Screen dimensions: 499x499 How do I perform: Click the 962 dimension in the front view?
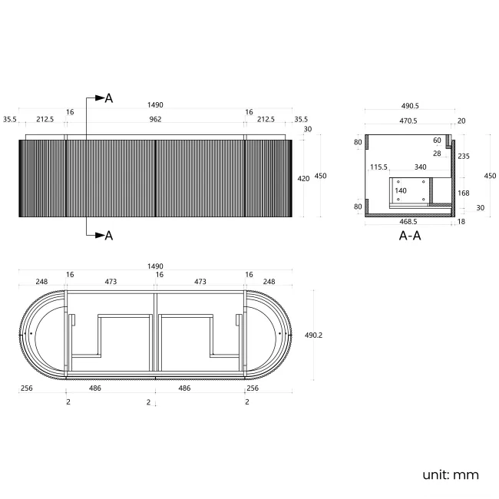tap(155, 119)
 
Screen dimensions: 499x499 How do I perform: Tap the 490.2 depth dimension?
tap(313, 335)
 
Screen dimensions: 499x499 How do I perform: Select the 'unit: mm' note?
tap(451, 474)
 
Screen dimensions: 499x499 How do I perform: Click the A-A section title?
tap(410, 236)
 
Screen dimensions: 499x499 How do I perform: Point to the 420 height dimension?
tap(303, 179)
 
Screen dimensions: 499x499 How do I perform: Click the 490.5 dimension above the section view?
tap(410, 106)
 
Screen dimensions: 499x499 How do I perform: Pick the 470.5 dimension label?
tap(408, 121)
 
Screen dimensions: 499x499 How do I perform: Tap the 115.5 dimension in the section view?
tap(378, 167)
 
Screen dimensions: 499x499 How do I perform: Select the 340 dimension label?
tap(421, 167)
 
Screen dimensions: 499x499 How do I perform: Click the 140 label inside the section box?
tap(401, 190)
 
